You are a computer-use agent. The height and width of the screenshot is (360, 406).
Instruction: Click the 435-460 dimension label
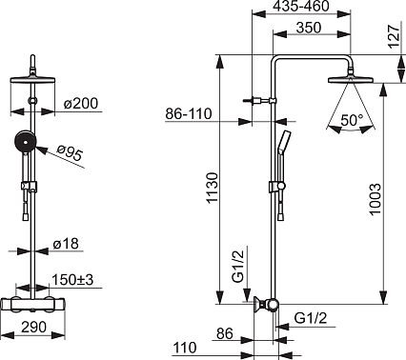pos(301,7)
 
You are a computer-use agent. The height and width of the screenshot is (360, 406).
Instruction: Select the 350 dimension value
pos(309,28)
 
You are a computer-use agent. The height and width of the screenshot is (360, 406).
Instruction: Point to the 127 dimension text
pos(394,36)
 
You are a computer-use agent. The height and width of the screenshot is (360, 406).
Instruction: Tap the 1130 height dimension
pos(212,188)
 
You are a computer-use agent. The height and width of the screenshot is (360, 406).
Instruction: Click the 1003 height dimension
pos(376,199)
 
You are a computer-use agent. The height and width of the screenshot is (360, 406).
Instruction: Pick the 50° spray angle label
pos(352,120)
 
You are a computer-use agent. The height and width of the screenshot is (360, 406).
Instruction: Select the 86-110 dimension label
pos(189,113)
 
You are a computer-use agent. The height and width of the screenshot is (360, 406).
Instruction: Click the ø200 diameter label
pos(81,104)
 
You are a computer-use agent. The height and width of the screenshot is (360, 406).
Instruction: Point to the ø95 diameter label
pos(70,152)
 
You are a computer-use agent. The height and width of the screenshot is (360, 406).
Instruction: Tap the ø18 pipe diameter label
pos(66,244)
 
